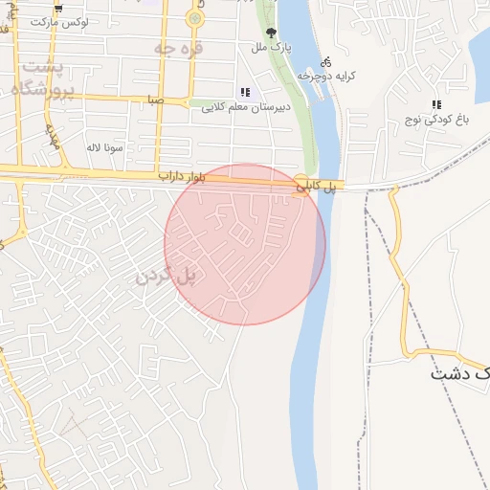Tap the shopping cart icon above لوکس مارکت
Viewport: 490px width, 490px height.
coord(59,7)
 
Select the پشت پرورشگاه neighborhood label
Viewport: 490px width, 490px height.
coord(43,79)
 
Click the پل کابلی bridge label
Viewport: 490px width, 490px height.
coord(317,188)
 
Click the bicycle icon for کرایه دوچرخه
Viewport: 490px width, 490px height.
coord(327,59)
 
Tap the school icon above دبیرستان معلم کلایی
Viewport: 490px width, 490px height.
coord(246,93)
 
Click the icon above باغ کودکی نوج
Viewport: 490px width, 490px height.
coord(436,104)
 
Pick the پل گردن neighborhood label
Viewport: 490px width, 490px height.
coord(165,276)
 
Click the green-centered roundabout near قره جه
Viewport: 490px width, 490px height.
coord(195,17)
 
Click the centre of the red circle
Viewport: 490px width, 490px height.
coord(245,245)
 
